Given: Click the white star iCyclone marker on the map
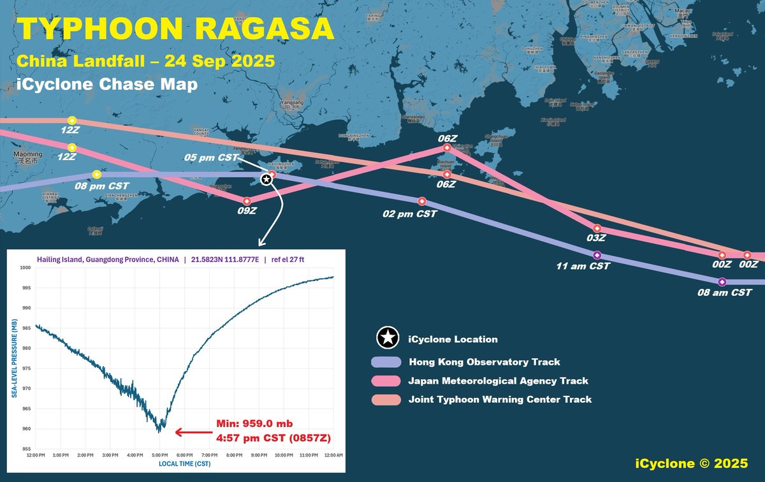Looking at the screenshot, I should pos(267,180).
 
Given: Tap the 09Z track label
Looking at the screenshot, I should pos(246,210).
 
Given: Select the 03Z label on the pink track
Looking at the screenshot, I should pos(595,238).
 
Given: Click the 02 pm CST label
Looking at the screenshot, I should pos(409,214).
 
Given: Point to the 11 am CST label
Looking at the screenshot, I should pos(582,266).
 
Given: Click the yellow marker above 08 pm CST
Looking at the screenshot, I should pos(97,174).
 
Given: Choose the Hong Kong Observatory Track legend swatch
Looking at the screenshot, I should pos(386,362).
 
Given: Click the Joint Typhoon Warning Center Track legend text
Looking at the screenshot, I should pos(500,400).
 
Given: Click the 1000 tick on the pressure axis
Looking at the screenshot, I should pos(26,268).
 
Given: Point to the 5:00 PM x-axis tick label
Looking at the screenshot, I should pos(159,455).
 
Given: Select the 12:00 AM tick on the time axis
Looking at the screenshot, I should pos(333,455).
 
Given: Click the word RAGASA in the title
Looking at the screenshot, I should pos(267,30).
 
